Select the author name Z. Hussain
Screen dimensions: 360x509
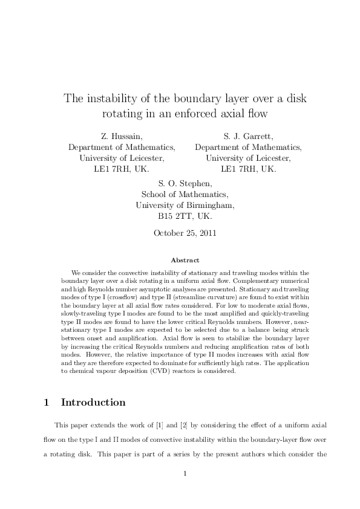tap(122, 137)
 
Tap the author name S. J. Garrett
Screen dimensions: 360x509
tap(248, 137)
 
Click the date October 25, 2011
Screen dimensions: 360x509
tap(185, 232)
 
